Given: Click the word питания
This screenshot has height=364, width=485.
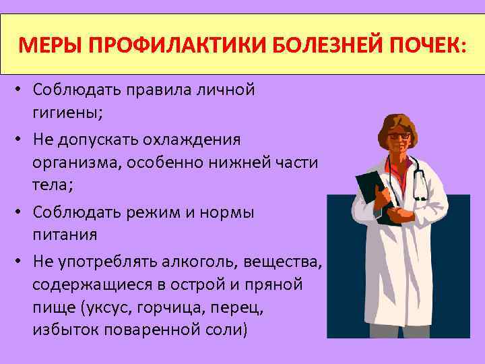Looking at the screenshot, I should (x=65, y=236).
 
